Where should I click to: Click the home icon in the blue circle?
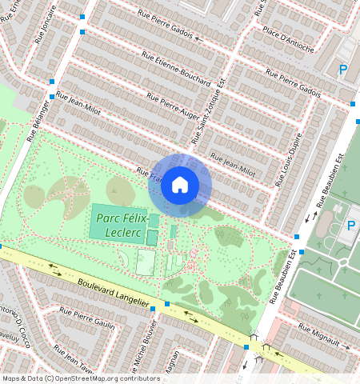point(180,186)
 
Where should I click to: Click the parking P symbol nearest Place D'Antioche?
point(344,70)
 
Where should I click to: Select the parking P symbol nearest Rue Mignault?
point(350,226)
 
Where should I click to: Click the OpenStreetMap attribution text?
point(70,378)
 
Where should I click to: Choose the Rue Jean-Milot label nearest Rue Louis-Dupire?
point(232,165)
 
